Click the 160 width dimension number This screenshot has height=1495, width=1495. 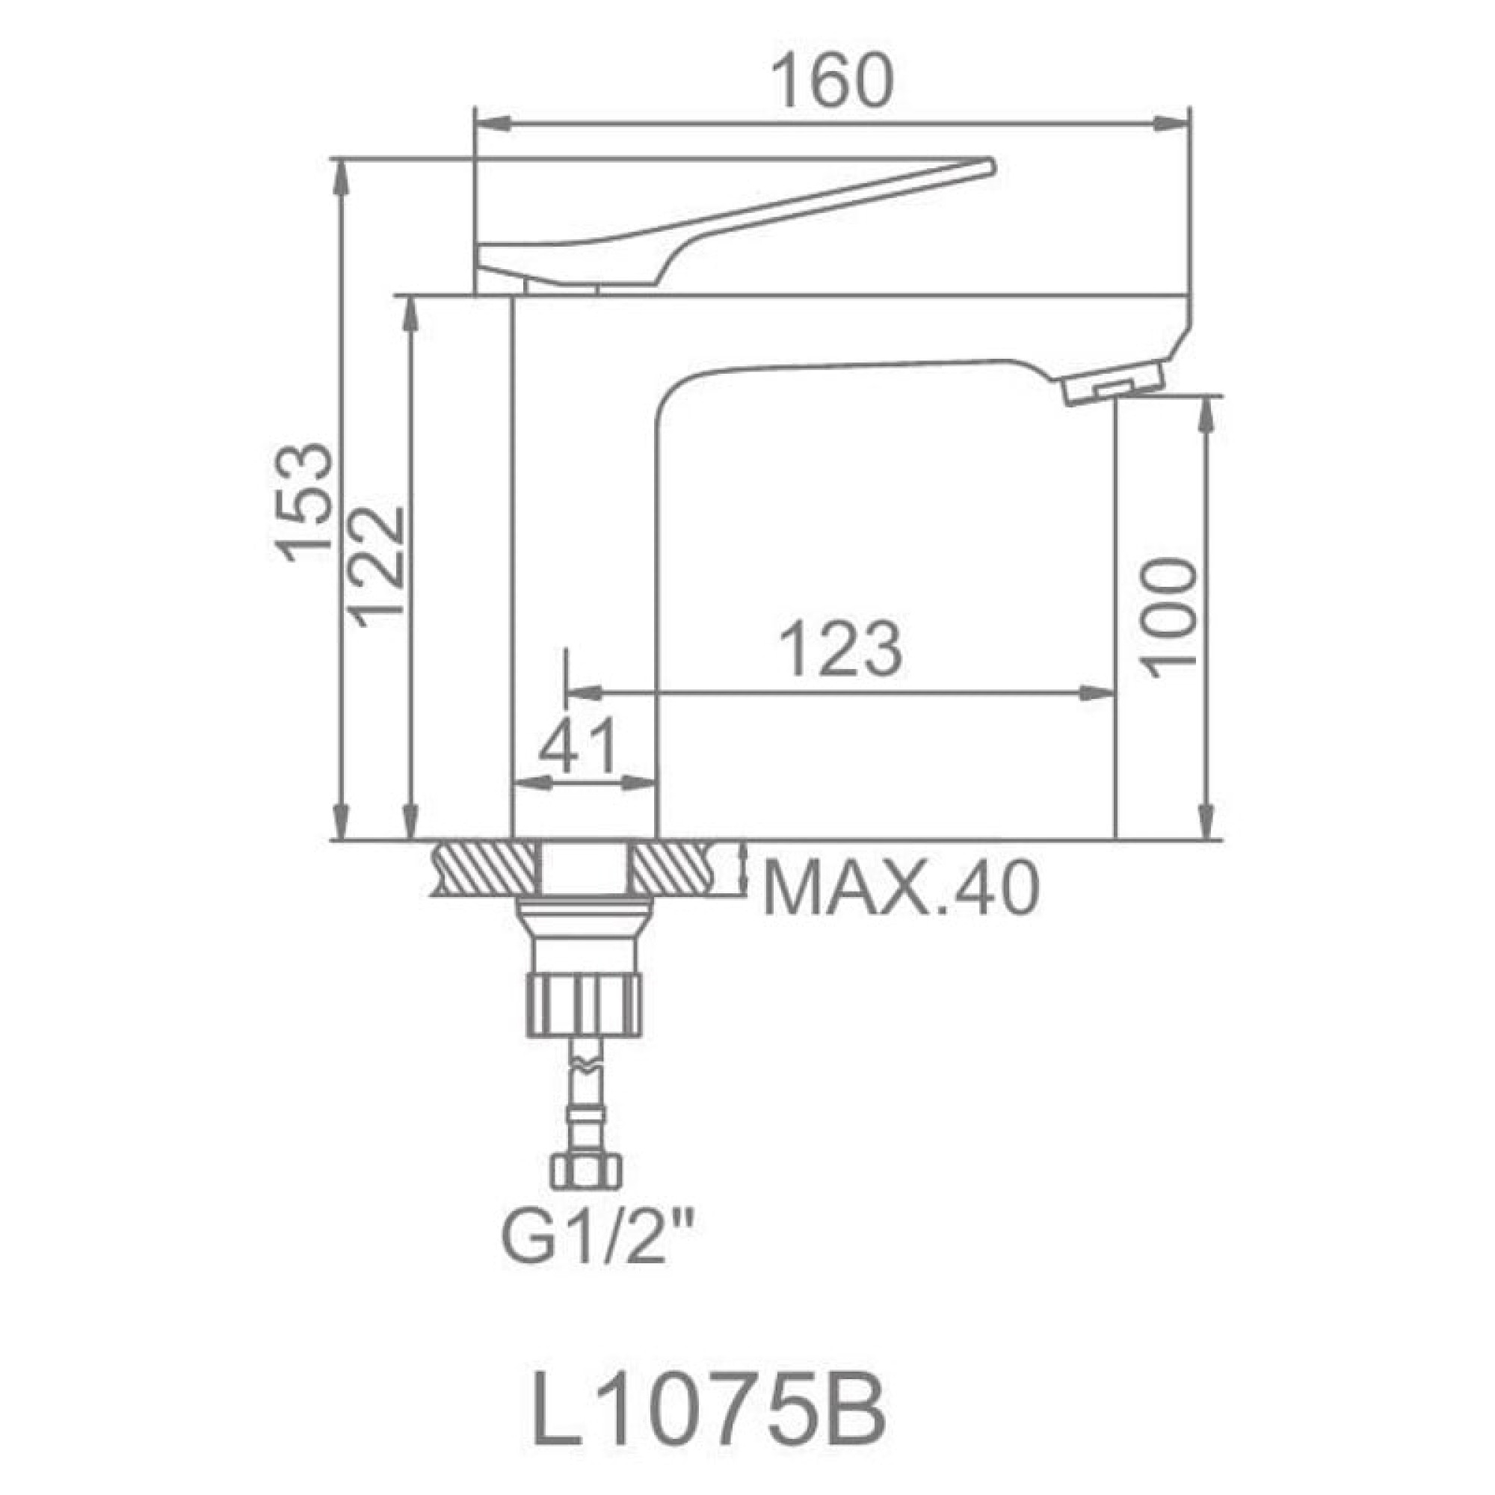833,81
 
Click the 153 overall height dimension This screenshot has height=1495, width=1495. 303,502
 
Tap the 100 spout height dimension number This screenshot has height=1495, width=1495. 1169,617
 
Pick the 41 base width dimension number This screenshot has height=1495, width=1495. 579,747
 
